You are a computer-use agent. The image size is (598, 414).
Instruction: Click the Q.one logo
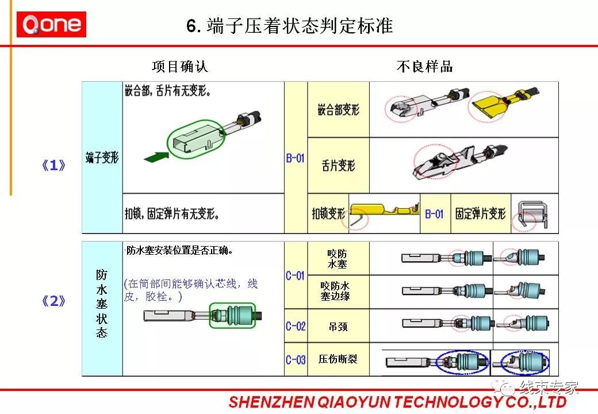coord(51,25)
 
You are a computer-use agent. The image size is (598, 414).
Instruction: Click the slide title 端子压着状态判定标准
coord(290,26)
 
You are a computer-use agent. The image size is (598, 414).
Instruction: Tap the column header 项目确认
coord(180,67)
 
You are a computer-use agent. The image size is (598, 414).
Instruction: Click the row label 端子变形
coord(102,157)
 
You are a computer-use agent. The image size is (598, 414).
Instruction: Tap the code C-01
coord(296,275)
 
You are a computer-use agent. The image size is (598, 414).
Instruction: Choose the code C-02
coord(296,326)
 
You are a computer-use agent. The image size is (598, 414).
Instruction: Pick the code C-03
coord(296,360)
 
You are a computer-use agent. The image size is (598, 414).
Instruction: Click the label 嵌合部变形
coord(338,109)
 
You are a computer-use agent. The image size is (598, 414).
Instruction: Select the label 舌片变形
coord(338,166)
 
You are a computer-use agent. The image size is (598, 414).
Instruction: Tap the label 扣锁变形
coord(328,214)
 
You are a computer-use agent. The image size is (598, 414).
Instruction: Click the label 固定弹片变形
coord(481,214)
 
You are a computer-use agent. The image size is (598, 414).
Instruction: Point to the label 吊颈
coord(338,327)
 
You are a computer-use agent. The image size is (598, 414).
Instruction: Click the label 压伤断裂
coord(338,360)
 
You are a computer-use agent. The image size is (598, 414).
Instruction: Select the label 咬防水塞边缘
coord(338,291)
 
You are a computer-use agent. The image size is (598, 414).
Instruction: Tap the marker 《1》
coord(54,166)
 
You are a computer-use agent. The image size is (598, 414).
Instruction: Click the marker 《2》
coord(54,302)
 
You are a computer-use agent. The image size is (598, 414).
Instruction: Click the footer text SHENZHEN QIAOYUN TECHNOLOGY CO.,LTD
coord(397,402)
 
